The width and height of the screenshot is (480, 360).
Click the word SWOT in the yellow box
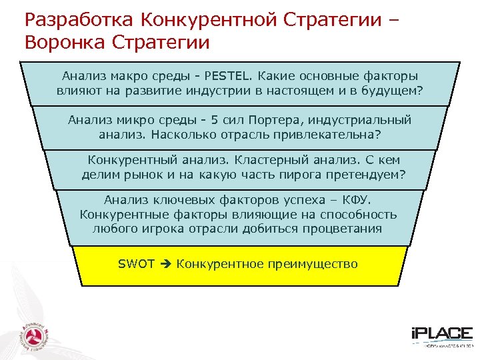(x=136, y=264)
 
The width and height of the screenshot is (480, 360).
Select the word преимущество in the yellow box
(x=314, y=264)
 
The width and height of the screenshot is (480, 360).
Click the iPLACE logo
(x=440, y=336)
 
